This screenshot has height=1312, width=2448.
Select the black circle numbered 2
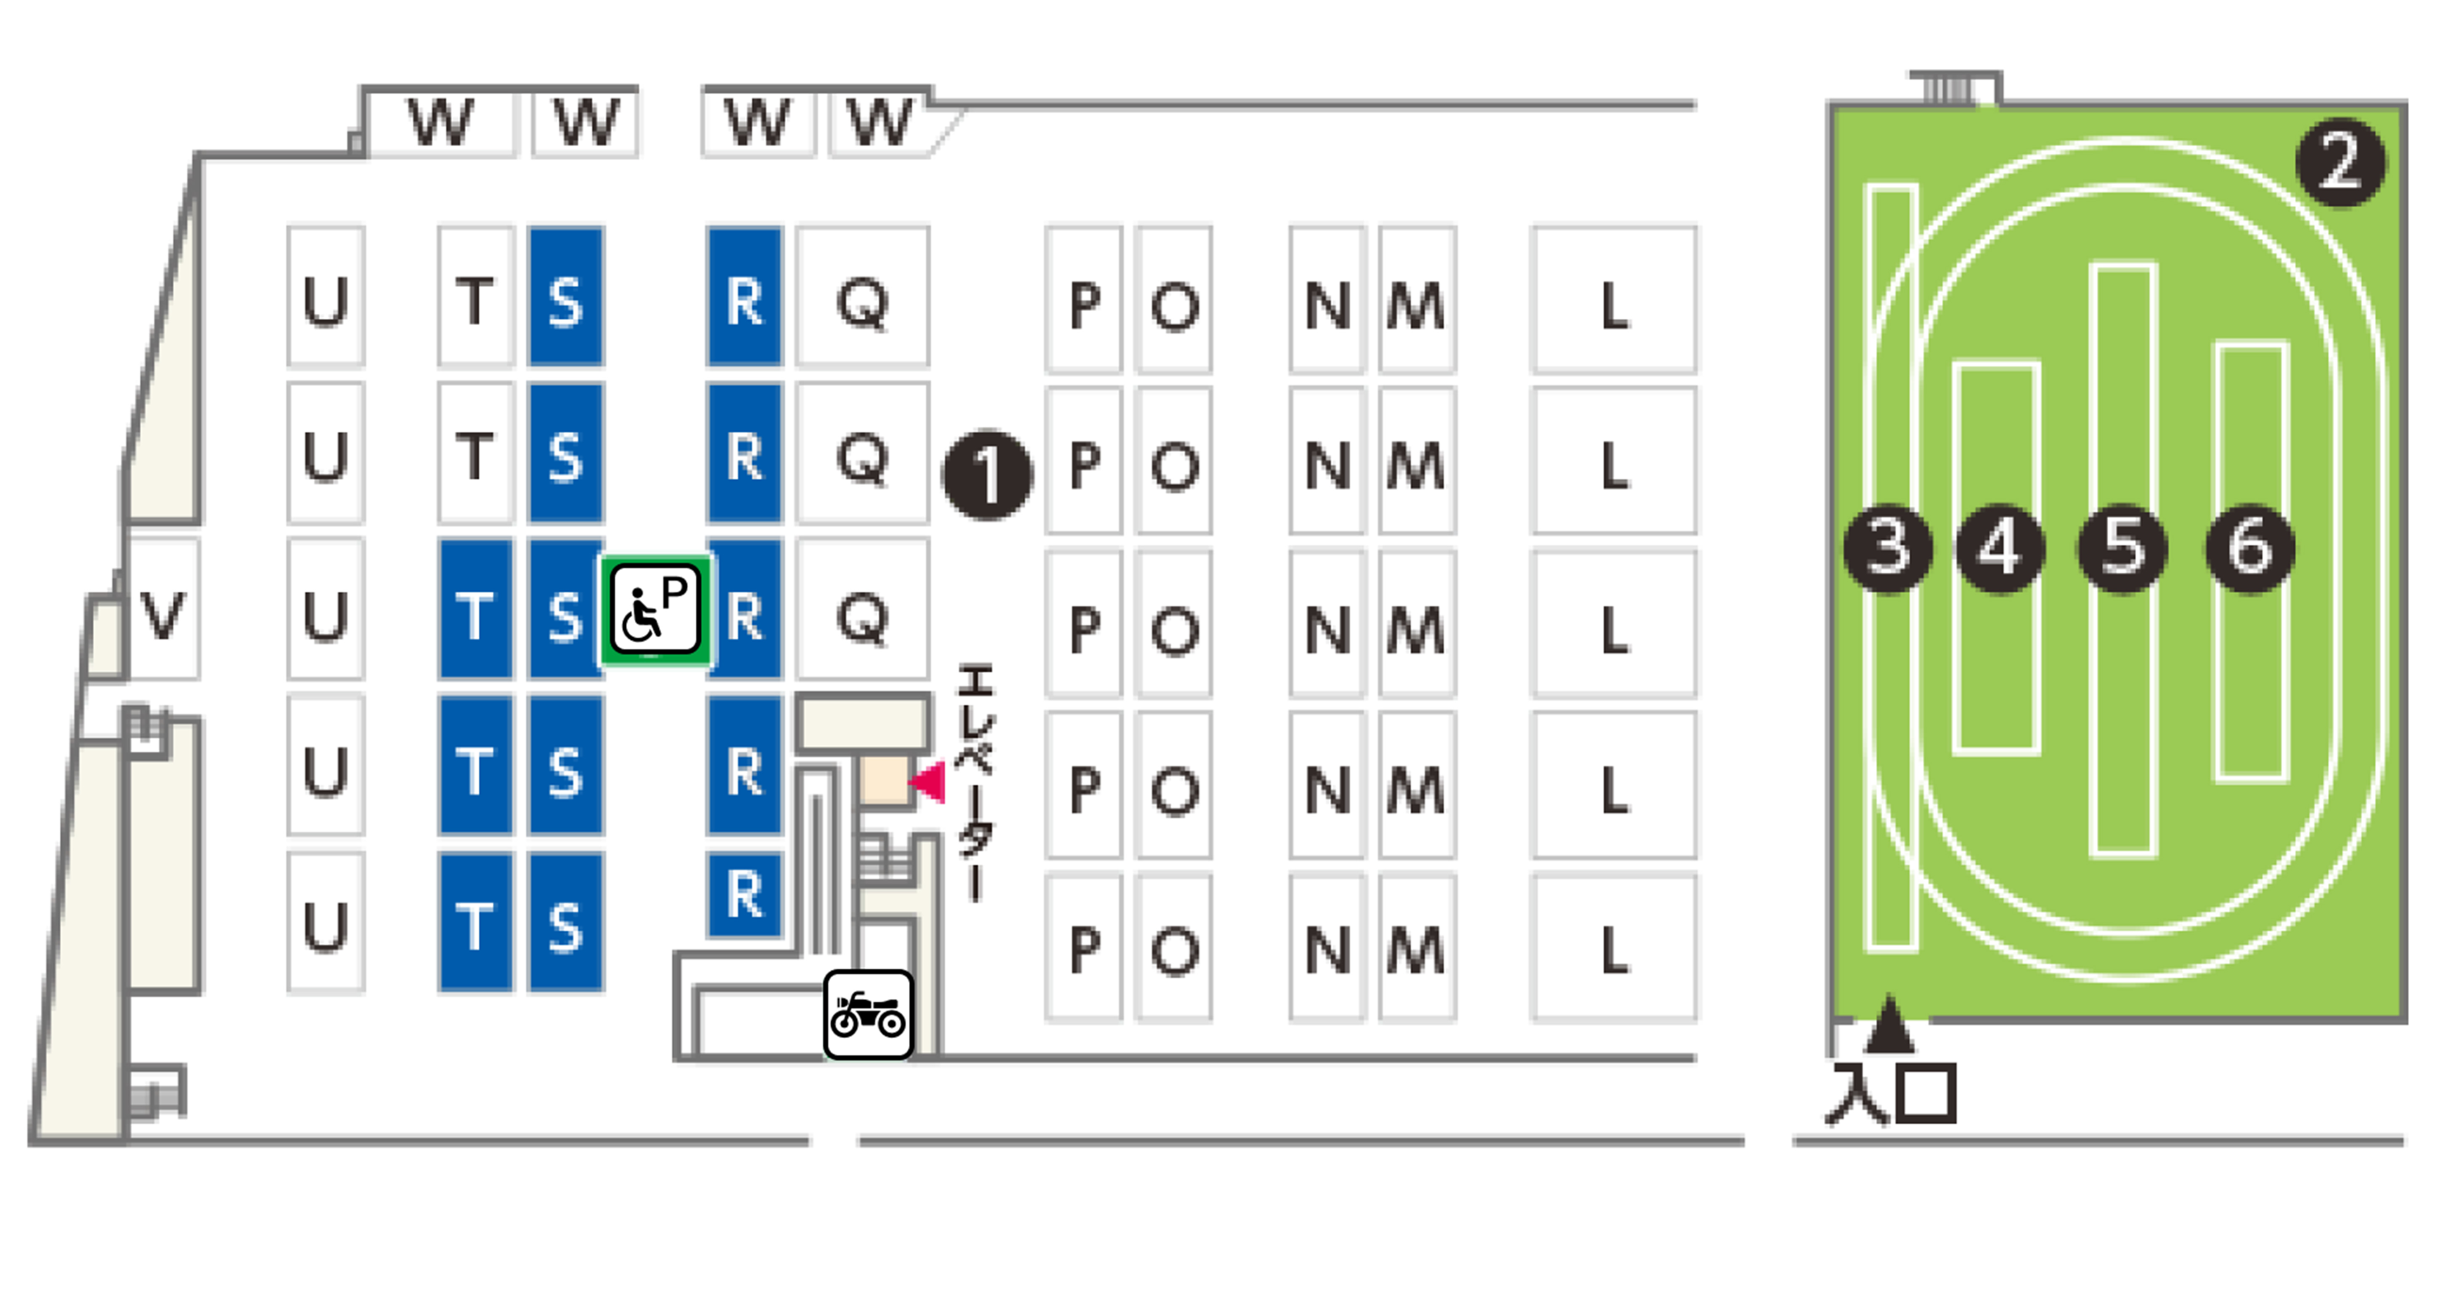tap(2339, 161)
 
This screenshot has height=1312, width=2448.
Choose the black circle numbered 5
tap(2123, 548)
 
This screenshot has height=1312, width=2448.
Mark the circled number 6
tap(2249, 548)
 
